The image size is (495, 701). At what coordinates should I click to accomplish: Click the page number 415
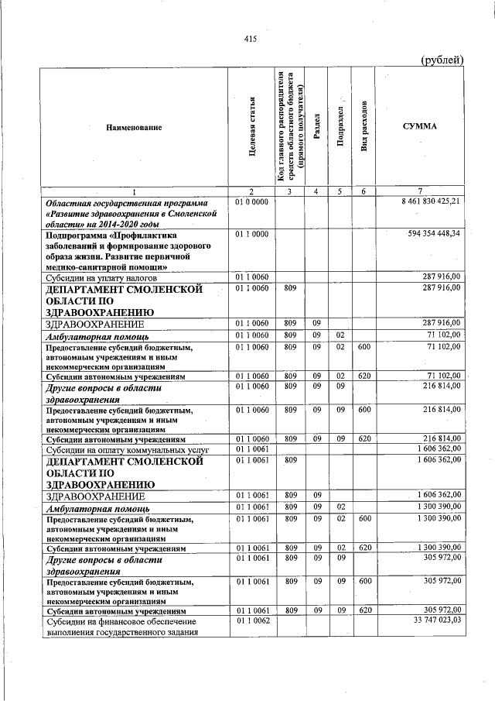click(249, 39)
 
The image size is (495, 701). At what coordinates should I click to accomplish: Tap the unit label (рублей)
click(442, 60)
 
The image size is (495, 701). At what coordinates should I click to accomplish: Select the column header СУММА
click(420, 125)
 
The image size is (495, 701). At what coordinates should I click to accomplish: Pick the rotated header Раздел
click(316, 126)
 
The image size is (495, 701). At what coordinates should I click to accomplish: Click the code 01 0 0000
click(251, 201)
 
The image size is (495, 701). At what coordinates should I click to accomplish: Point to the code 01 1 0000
click(251, 232)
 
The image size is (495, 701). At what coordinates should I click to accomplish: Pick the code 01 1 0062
click(251, 620)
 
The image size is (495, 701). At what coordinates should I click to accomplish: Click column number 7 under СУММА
click(420, 191)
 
